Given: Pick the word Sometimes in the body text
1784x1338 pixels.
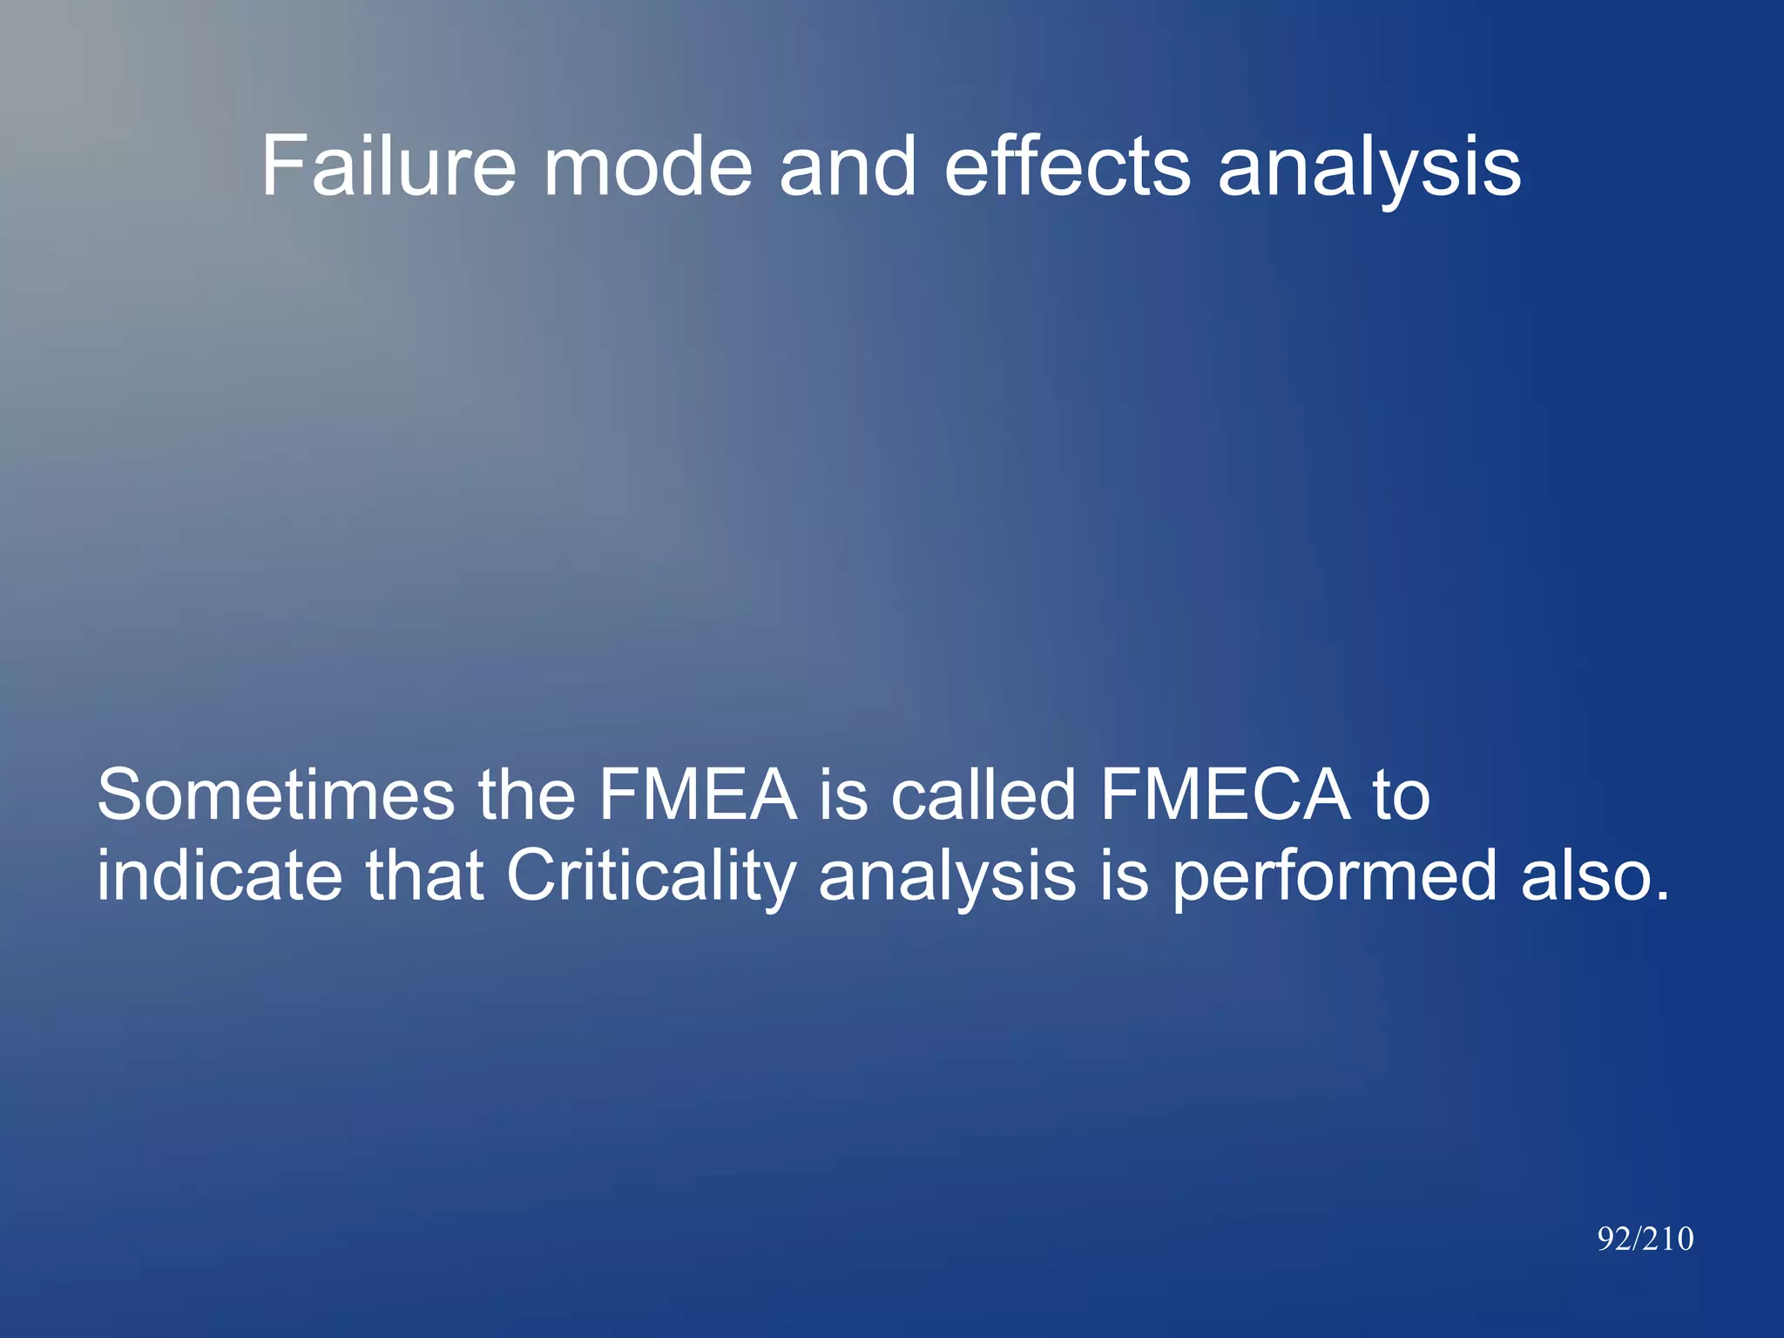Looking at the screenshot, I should click(x=275, y=794).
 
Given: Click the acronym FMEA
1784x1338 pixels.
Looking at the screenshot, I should click(x=697, y=794).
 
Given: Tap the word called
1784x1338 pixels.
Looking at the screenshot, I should click(x=983, y=794).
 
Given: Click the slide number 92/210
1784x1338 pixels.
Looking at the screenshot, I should click(x=1645, y=1239).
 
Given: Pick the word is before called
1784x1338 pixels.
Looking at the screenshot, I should click(x=843, y=794).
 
